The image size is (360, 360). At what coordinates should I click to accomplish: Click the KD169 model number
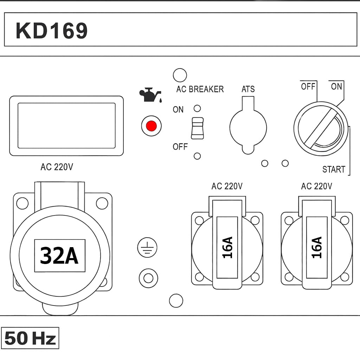(x=51, y=31)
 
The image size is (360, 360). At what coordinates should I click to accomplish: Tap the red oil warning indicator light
(x=151, y=126)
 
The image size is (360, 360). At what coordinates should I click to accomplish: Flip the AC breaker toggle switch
(x=197, y=128)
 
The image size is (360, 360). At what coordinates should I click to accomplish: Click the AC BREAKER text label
(x=200, y=89)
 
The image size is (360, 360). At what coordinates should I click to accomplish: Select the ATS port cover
(x=248, y=127)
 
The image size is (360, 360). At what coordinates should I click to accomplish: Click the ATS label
(x=248, y=89)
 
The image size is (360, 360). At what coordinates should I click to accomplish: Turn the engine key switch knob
(x=321, y=129)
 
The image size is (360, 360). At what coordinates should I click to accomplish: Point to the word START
(x=334, y=169)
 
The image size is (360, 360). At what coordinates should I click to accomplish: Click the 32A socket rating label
(x=59, y=256)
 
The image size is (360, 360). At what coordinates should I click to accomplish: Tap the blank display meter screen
(x=66, y=126)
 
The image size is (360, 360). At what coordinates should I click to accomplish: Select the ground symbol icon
(x=147, y=248)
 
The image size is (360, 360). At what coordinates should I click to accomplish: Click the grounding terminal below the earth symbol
(x=148, y=278)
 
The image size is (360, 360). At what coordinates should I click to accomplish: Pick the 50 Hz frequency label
(x=30, y=338)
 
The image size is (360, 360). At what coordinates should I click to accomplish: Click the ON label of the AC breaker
(x=178, y=110)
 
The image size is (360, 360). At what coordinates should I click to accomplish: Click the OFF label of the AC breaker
(x=180, y=147)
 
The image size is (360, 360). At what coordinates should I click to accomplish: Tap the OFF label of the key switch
(x=308, y=86)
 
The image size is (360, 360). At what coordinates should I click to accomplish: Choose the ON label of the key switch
(x=336, y=86)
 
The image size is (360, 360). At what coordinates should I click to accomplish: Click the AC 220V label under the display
(x=57, y=167)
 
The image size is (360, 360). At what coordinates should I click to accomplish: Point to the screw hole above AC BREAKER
(x=180, y=75)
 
